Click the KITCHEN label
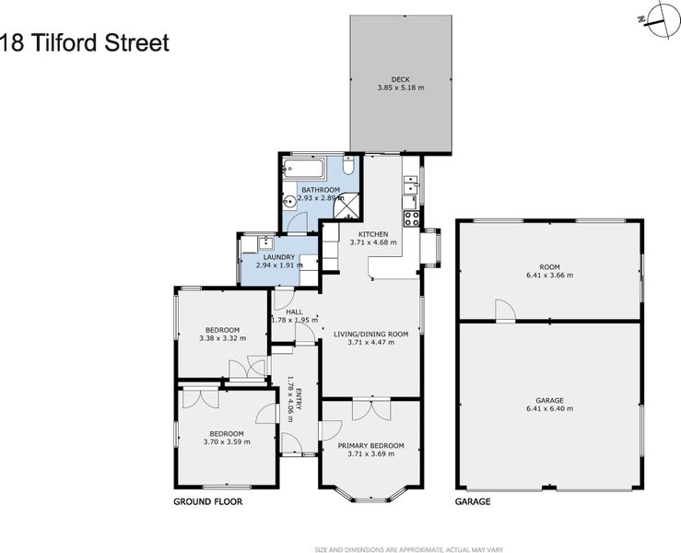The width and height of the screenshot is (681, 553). click(x=373, y=234)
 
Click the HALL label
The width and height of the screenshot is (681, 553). click(x=294, y=312)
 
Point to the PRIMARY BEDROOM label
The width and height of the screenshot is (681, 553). click(x=371, y=446)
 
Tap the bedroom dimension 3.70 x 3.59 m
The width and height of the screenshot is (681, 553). click(x=226, y=441)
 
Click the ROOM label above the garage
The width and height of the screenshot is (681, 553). click(x=549, y=267)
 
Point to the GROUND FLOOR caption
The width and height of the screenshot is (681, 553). click(x=207, y=502)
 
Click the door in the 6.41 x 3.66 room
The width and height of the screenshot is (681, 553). click(x=503, y=311)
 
